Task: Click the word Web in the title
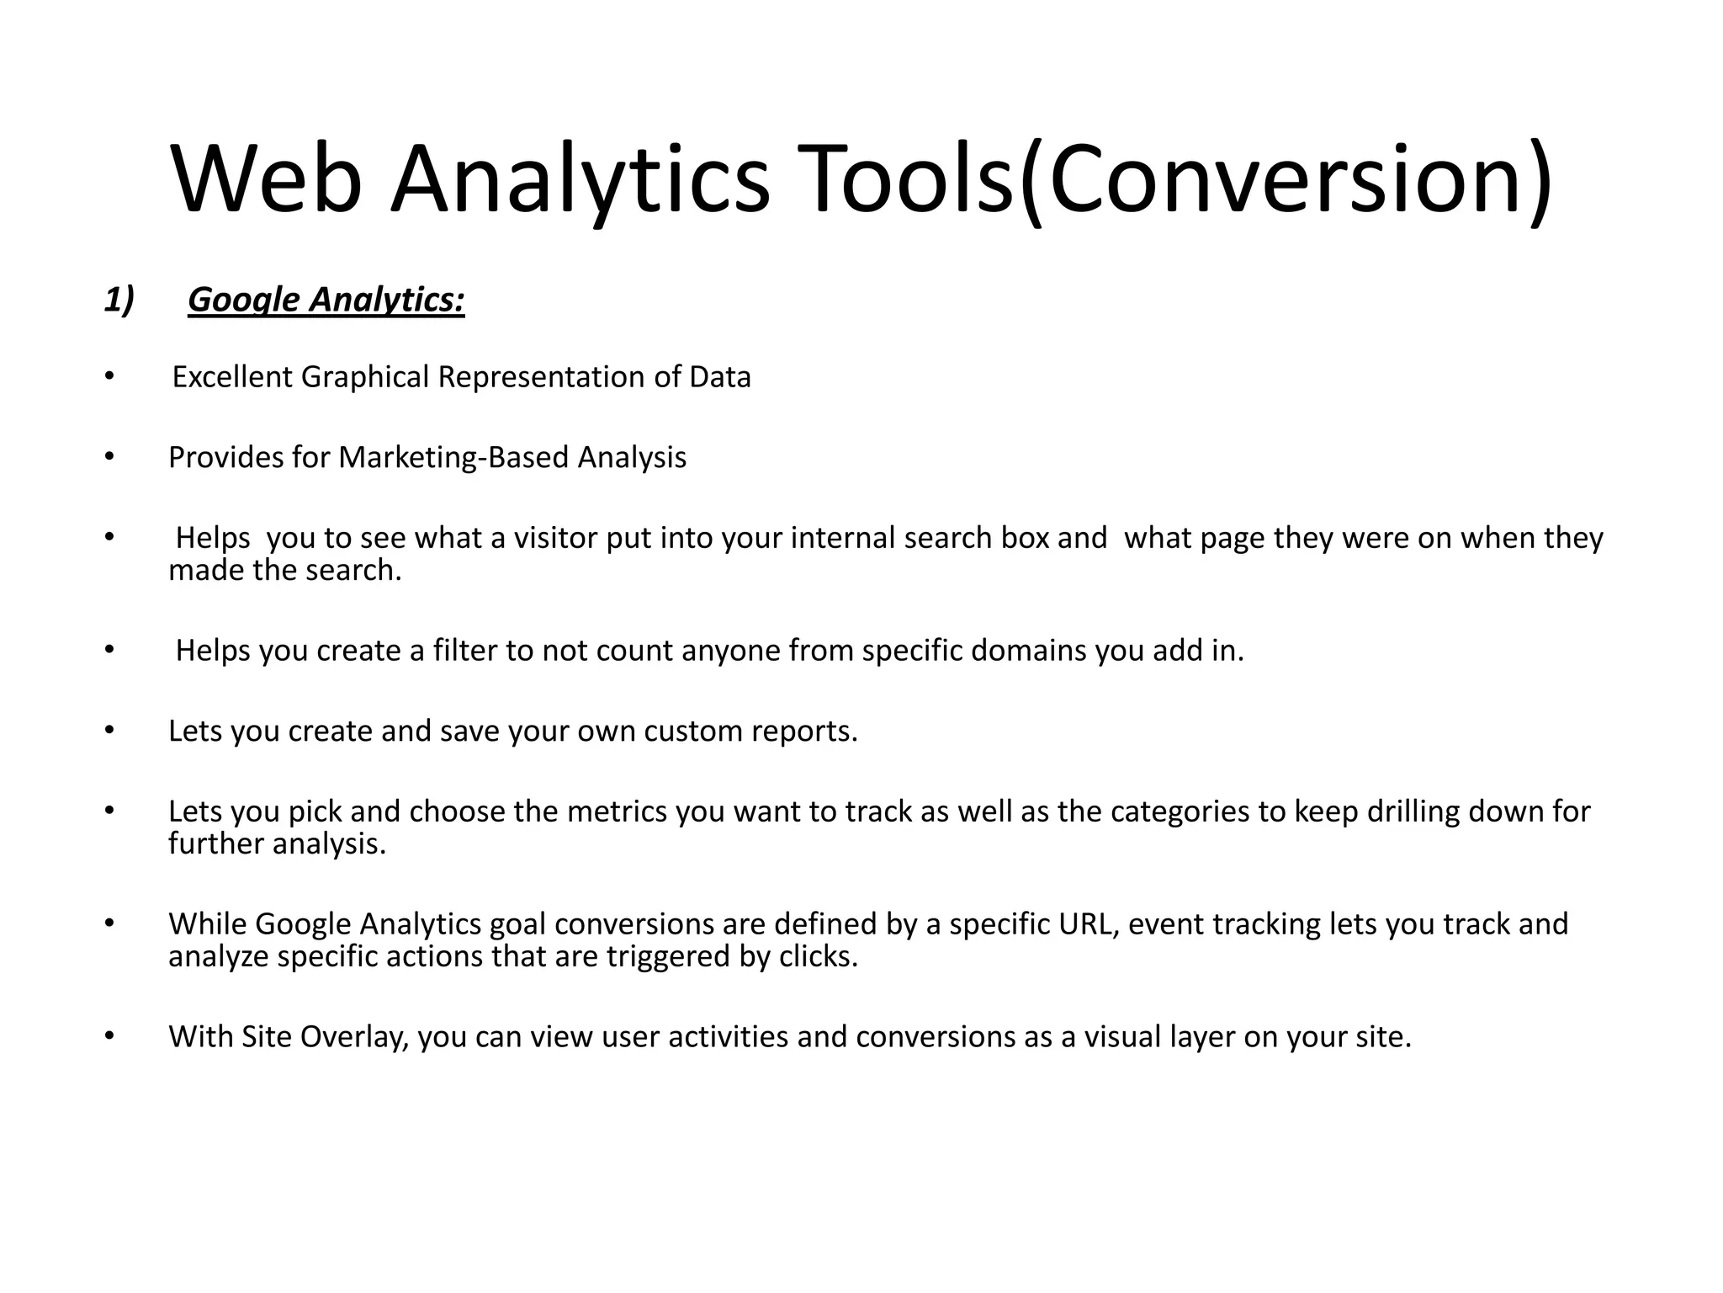267,179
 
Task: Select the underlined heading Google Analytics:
326,300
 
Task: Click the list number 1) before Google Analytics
119,299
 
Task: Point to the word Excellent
232,376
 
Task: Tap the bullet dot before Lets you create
109,731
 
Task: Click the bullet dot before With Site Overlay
109,1036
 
